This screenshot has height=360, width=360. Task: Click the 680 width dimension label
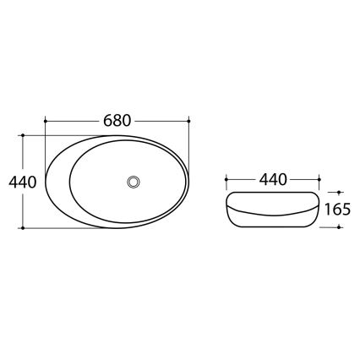point(117,120)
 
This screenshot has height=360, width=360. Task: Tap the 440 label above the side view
point(274,179)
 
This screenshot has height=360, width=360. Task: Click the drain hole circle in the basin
point(132,181)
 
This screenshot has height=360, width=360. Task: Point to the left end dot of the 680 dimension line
point(43,121)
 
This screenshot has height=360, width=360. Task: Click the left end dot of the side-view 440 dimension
point(226,179)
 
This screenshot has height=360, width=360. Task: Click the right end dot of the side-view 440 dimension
point(319,179)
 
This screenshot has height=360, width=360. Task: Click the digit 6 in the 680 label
point(106,120)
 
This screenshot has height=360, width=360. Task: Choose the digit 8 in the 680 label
point(117,120)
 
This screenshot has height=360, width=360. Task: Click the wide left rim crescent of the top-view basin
point(57,182)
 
